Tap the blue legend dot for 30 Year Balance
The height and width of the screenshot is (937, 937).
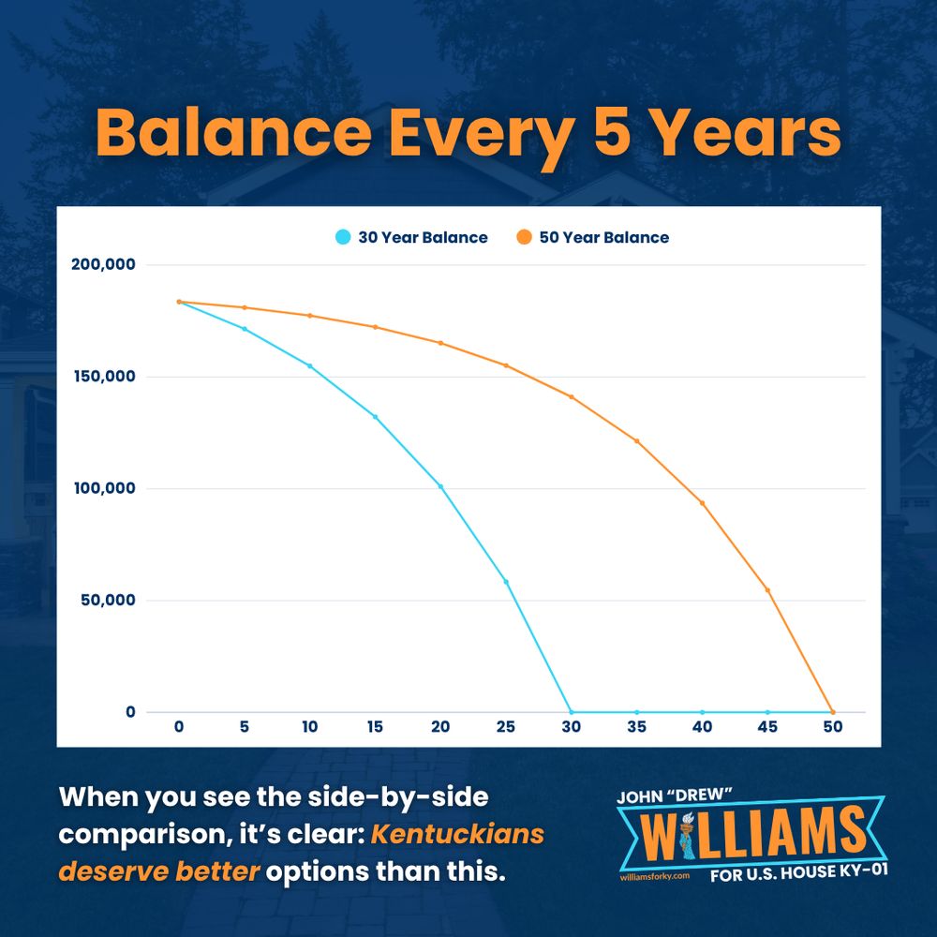(343, 237)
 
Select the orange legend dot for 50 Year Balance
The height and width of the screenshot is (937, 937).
(524, 237)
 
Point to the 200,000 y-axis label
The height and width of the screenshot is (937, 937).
(103, 264)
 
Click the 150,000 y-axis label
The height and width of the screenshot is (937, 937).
(105, 377)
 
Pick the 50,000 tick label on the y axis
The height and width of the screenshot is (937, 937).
(108, 600)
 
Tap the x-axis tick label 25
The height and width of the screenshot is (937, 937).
(506, 727)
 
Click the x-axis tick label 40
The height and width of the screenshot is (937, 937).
(702, 727)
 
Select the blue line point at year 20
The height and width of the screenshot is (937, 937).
(441, 487)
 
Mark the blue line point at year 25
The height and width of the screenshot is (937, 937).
(506, 582)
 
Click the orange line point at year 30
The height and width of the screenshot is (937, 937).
(572, 396)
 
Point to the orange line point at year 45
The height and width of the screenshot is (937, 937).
(768, 590)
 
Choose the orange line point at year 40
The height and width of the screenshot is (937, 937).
(702, 503)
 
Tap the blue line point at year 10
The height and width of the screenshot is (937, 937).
(309, 365)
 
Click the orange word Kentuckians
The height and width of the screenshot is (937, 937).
(458, 834)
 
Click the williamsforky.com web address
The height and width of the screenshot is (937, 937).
(655, 876)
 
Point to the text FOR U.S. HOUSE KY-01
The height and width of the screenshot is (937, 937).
(799, 872)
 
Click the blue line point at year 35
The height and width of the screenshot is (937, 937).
(637, 712)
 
